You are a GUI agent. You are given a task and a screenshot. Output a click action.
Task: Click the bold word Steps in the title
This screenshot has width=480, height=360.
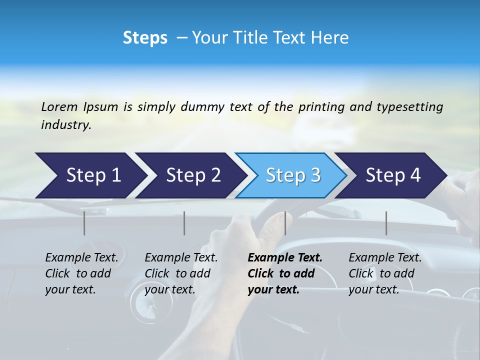(145, 37)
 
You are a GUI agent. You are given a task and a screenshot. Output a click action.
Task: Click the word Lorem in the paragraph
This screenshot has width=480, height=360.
(59, 106)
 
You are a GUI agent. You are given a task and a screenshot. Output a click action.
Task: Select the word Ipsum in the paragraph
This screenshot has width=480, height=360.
(100, 106)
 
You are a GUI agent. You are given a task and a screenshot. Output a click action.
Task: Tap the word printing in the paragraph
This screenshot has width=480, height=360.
(320, 106)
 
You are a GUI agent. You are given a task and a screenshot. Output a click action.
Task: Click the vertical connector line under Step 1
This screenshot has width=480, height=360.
(84, 223)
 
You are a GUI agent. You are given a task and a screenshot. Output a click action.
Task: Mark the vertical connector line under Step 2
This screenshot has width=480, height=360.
(184, 223)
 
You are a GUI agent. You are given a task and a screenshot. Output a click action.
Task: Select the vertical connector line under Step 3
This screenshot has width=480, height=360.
(285, 223)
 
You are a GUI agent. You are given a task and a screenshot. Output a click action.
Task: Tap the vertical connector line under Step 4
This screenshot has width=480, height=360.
(386, 223)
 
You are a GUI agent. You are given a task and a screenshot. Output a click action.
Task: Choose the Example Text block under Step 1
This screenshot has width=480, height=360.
(81, 273)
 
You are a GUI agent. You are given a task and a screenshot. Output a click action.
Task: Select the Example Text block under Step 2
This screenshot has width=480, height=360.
(181, 273)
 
